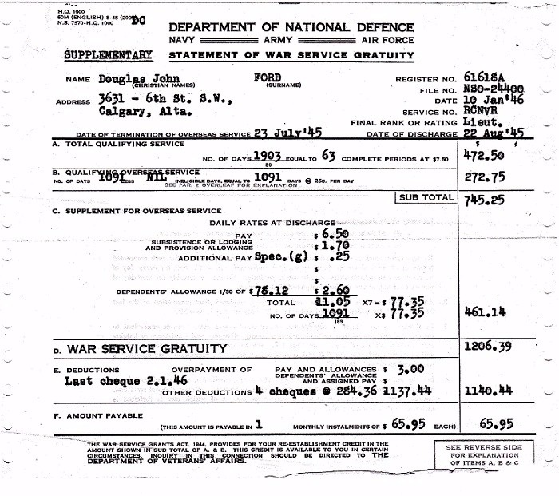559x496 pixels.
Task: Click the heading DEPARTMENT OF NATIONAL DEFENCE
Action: (x=292, y=26)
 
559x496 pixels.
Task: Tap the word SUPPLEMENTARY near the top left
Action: (x=109, y=55)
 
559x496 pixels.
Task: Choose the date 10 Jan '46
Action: (x=494, y=101)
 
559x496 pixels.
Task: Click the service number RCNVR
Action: (x=488, y=113)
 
